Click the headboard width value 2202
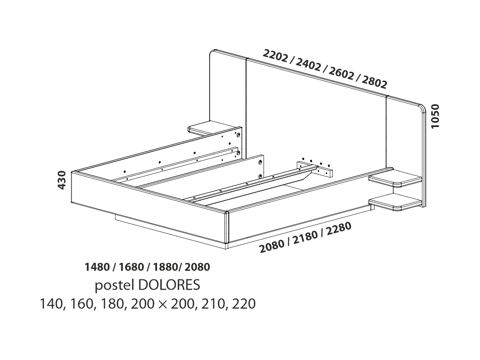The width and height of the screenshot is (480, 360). (x=275, y=56)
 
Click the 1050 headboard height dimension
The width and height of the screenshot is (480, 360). (x=435, y=116)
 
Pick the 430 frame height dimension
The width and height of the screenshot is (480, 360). (x=62, y=180)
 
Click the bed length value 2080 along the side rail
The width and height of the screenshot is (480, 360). (x=272, y=245)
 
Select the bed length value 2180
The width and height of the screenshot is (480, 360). (x=306, y=236)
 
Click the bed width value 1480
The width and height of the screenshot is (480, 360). (x=97, y=267)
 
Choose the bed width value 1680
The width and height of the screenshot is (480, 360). (x=131, y=267)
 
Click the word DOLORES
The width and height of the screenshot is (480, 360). (x=169, y=285)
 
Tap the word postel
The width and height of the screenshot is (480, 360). (x=114, y=285)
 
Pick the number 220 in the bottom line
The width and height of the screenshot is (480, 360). (x=244, y=304)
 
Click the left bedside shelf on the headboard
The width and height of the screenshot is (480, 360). (x=214, y=128)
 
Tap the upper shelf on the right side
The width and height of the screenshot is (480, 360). (x=396, y=179)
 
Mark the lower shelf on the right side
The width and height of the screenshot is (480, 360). (x=396, y=202)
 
